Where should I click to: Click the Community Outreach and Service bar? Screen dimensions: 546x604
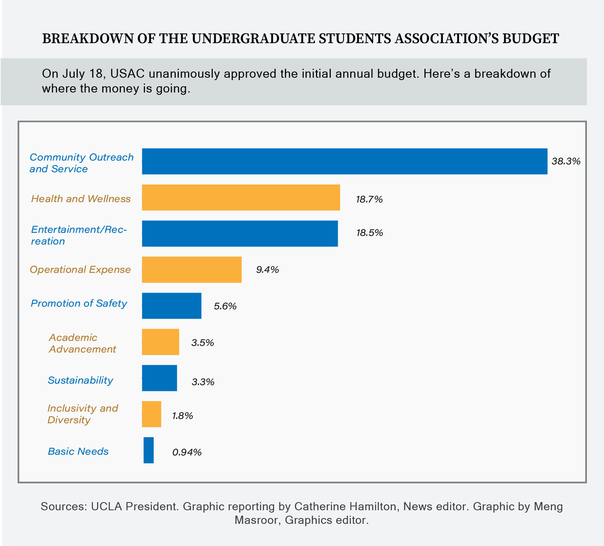[x=344, y=161]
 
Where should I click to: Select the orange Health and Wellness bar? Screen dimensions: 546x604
[x=241, y=197]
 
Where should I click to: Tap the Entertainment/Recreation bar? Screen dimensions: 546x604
[x=240, y=234]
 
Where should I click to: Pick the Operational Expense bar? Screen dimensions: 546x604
[x=192, y=270]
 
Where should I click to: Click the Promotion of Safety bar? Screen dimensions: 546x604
[x=171, y=306]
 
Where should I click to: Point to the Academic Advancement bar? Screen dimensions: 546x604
[x=161, y=342]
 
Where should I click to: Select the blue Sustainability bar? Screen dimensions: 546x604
[x=159, y=378]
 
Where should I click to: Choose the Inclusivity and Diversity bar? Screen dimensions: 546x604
[x=152, y=414]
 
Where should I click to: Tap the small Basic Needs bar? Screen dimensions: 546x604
[x=148, y=450]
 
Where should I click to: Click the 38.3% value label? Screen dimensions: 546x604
[x=566, y=161]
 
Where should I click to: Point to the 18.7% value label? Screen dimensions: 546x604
[x=369, y=200]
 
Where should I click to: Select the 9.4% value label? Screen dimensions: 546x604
[x=267, y=270]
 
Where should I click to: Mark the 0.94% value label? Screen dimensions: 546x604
[x=187, y=452]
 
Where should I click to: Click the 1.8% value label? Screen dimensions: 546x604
[x=183, y=416]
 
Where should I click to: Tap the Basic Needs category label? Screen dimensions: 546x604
[x=78, y=452]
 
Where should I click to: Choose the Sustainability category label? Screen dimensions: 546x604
[x=80, y=380]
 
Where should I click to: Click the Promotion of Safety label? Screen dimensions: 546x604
[x=79, y=304]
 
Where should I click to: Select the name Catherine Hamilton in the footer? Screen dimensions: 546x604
[x=346, y=507]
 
